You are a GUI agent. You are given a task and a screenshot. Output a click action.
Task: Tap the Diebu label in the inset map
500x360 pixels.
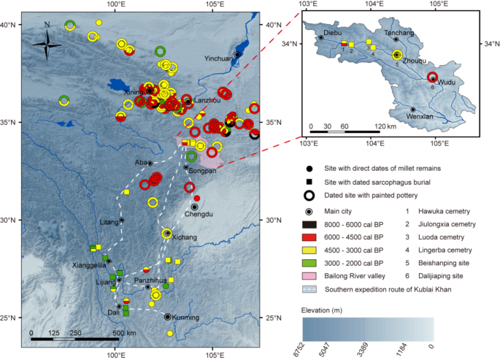(x=332, y=32)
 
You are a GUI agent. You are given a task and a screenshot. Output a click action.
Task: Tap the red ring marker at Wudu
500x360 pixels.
(x=432, y=78)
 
